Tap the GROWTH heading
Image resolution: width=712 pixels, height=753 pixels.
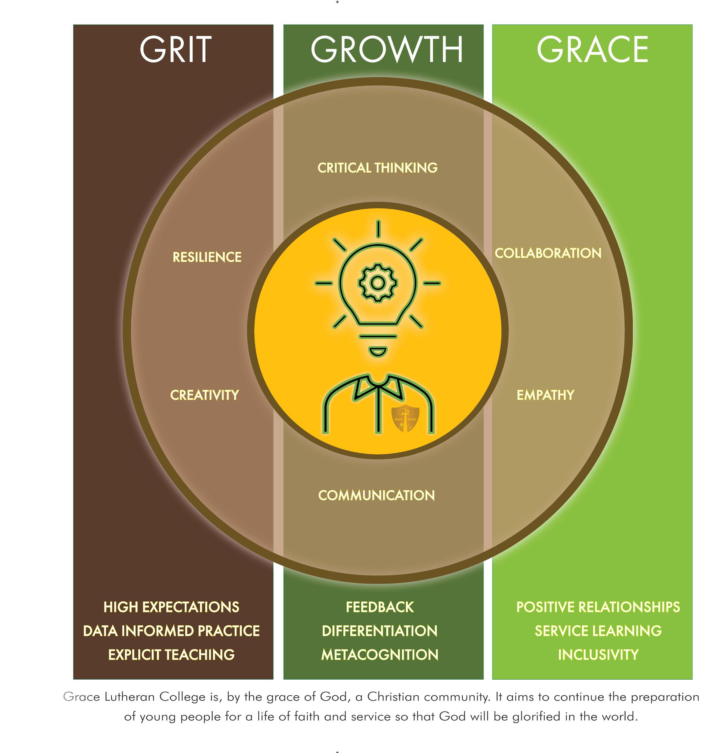coord(387,49)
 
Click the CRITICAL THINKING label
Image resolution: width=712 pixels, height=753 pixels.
coord(377,168)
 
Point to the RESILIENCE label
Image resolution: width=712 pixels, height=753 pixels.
coord(207,257)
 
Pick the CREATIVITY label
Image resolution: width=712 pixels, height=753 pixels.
coord(205,395)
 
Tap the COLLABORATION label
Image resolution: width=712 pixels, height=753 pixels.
coord(548,253)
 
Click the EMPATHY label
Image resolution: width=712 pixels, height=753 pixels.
coord(545,395)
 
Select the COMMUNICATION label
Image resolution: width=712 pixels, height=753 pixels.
coord(376,495)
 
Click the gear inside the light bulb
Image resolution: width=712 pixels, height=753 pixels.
coord(378,283)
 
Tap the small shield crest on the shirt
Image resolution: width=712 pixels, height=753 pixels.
coord(405,419)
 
